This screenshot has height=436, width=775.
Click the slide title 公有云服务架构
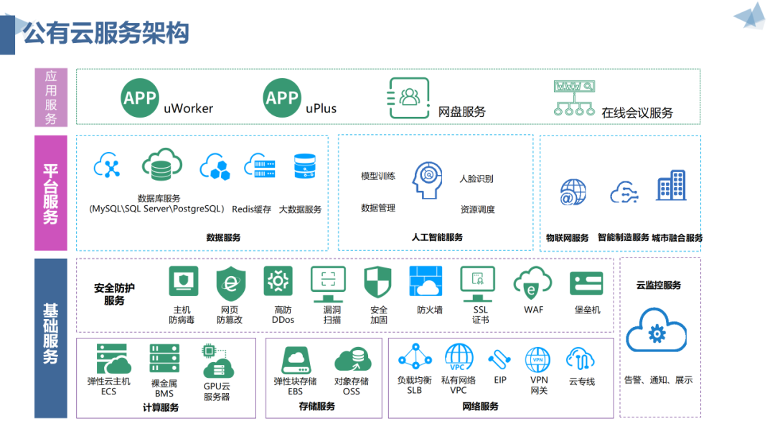(106, 33)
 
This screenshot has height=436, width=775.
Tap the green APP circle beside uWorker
(140, 98)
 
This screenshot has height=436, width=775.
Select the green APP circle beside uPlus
(282, 98)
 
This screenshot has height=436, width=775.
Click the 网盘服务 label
(462, 112)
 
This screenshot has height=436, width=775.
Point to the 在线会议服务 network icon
(573, 98)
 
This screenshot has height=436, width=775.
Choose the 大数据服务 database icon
(306, 166)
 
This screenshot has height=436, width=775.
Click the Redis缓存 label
(251, 209)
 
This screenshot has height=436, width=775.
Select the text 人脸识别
(476, 179)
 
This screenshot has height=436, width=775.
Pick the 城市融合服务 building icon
(671, 186)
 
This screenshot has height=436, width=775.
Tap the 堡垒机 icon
(586, 283)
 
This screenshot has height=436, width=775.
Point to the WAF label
(533, 310)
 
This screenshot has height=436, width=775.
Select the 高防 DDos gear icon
(278, 282)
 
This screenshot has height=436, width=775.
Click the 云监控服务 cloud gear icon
(656, 331)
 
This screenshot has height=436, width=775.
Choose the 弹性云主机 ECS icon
(113, 359)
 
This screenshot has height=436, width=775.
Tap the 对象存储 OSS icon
(352, 359)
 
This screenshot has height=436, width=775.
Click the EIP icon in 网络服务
(499, 359)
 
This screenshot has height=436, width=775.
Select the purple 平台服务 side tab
(50, 193)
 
